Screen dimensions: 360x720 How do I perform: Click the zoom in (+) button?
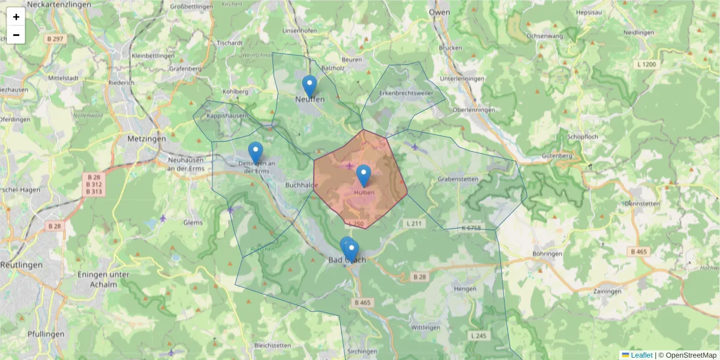(x=16, y=17)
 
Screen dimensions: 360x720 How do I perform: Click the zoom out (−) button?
(x=16, y=35)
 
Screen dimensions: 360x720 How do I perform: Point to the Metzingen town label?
(x=146, y=139)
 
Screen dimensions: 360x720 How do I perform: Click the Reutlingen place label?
(x=21, y=265)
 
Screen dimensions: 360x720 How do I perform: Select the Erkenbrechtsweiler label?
(x=406, y=94)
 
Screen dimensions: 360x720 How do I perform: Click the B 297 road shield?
(x=55, y=38)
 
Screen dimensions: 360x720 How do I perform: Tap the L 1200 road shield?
(x=647, y=64)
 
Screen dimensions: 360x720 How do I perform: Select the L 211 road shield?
(x=414, y=224)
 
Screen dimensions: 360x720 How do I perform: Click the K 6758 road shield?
(x=471, y=228)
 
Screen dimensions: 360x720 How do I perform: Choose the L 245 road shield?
(x=478, y=336)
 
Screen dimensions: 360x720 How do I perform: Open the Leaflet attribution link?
(x=641, y=355)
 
